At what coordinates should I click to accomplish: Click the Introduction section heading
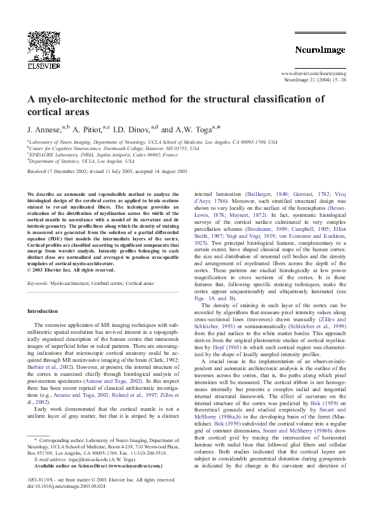[43, 311]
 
